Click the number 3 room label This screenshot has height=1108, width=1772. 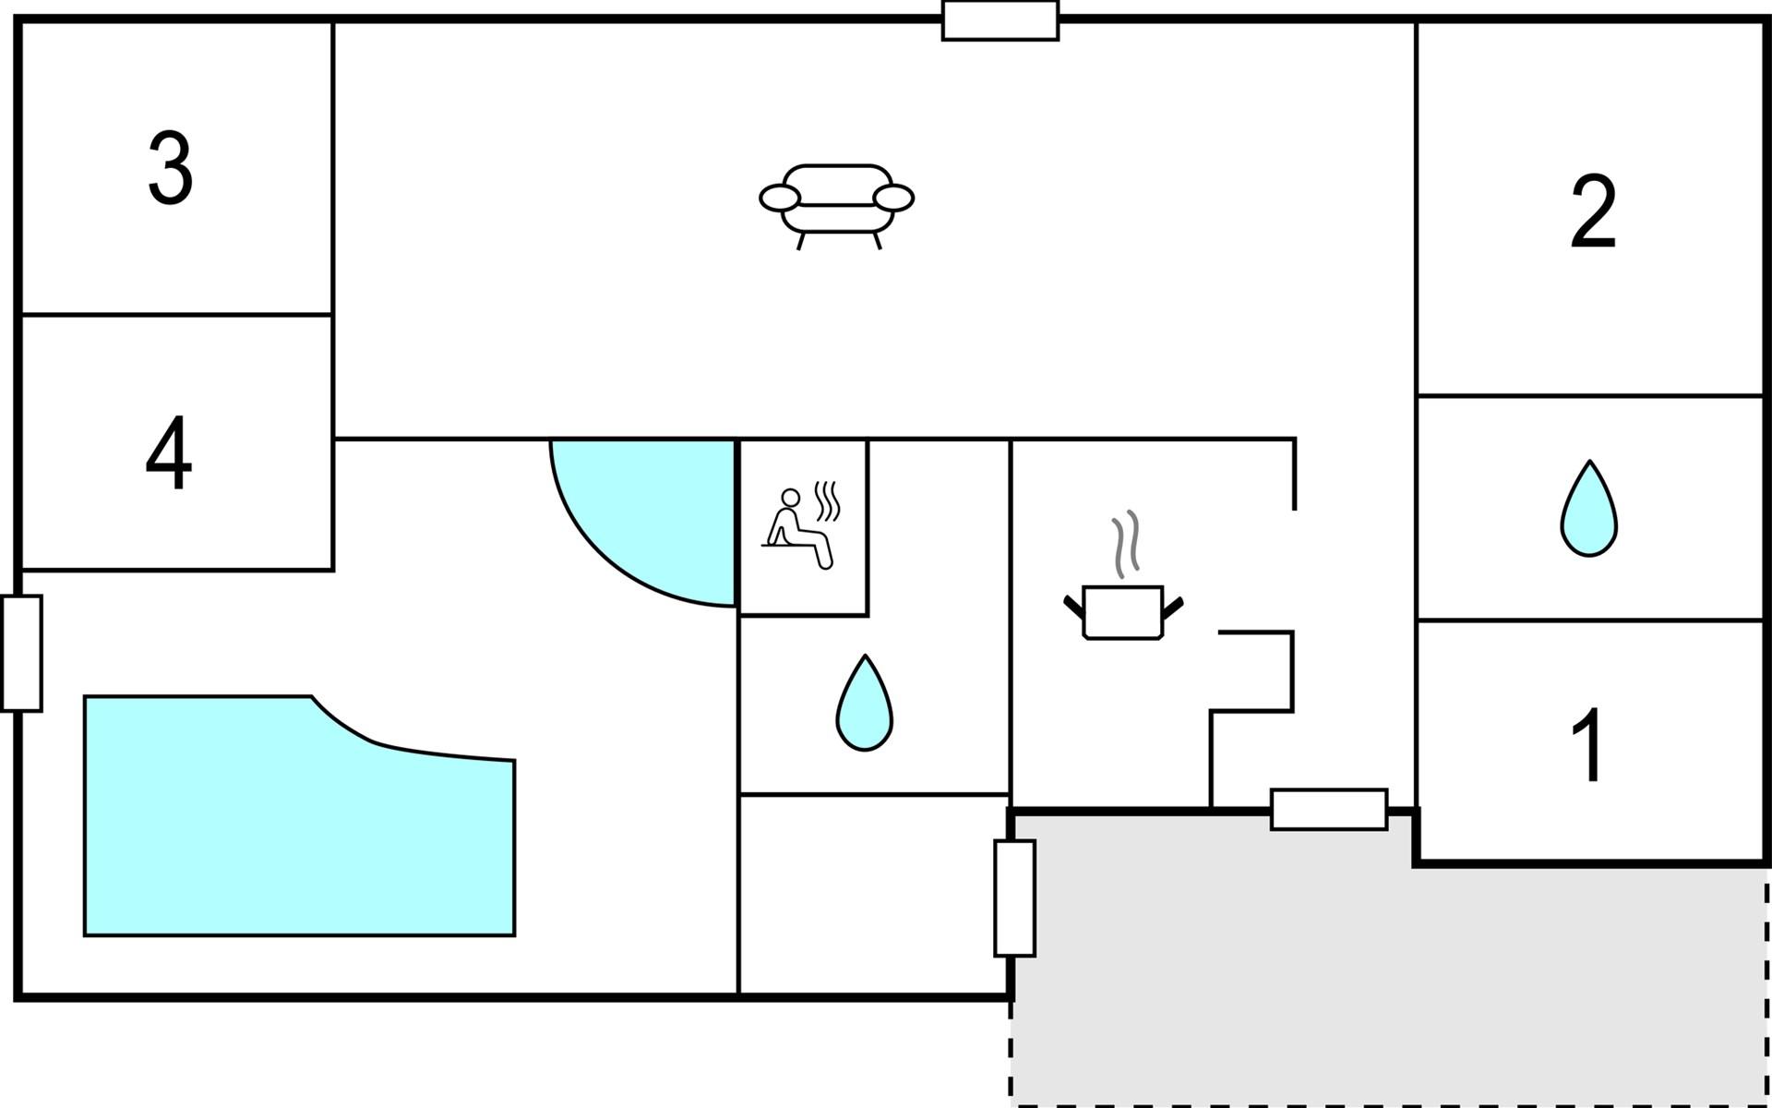tap(171, 167)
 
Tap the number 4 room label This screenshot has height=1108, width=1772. tap(169, 452)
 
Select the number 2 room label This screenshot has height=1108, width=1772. tap(1594, 211)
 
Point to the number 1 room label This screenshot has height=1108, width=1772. tap(1588, 745)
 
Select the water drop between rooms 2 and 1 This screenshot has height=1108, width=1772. tap(1589, 509)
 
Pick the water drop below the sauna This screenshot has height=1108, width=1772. tap(865, 704)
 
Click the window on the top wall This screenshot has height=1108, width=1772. tap(1000, 20)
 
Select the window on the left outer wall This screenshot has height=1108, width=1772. tap(21, 654)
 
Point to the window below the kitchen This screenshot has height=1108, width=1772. tap(1329, 810)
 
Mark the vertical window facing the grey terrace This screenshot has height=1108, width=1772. tap(1014, 898)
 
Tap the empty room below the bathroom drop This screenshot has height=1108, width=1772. tap(874, 894)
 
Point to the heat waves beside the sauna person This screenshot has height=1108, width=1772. tap(827, 501)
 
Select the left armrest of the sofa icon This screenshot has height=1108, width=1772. tap(780, 198)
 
